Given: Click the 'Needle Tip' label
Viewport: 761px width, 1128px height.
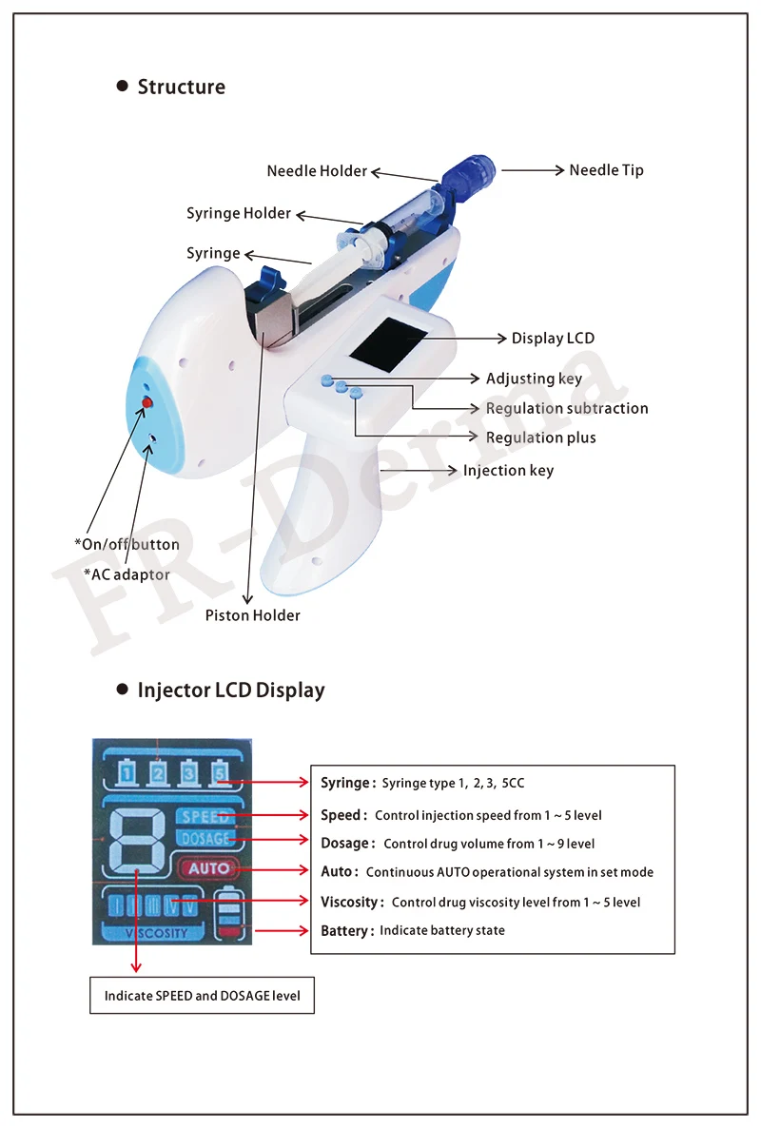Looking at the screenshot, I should tap(606, 170).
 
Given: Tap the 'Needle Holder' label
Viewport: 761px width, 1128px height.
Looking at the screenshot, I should tap(317, 171).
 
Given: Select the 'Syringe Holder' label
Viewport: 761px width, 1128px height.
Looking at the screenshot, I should tap(239, 213).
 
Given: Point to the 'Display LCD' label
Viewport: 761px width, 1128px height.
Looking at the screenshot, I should tap(553, 339).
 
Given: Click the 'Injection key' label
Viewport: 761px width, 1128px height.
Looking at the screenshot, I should tap(508, 471).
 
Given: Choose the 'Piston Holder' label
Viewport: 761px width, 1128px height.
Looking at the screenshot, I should tap(253, 615).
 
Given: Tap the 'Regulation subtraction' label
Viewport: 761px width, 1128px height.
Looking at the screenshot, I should tap(567, 408).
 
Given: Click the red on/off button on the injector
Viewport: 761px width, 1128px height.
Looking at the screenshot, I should tap(147, 404).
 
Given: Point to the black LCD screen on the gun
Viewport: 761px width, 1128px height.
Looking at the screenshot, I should tap(389, 343).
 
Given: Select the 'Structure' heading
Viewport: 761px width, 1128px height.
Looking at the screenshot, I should tap(182, 87).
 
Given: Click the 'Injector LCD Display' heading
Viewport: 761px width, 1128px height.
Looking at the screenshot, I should tap(231, 690).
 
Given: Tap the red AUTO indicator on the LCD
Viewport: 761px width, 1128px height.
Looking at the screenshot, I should tap(208, 867).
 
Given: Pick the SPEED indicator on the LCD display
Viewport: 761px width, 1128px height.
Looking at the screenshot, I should tap(205, 816).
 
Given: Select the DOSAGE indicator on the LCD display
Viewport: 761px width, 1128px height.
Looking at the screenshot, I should tap(205, 839).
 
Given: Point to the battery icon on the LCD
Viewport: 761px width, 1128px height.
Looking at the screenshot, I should tap(230, 914).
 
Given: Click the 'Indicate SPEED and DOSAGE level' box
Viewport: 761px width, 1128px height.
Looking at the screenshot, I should tap(202, 996).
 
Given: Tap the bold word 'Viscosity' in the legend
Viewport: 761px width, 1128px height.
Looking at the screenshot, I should tap(351, 902).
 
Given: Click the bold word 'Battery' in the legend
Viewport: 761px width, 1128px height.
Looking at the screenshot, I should tap(345, 930).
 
